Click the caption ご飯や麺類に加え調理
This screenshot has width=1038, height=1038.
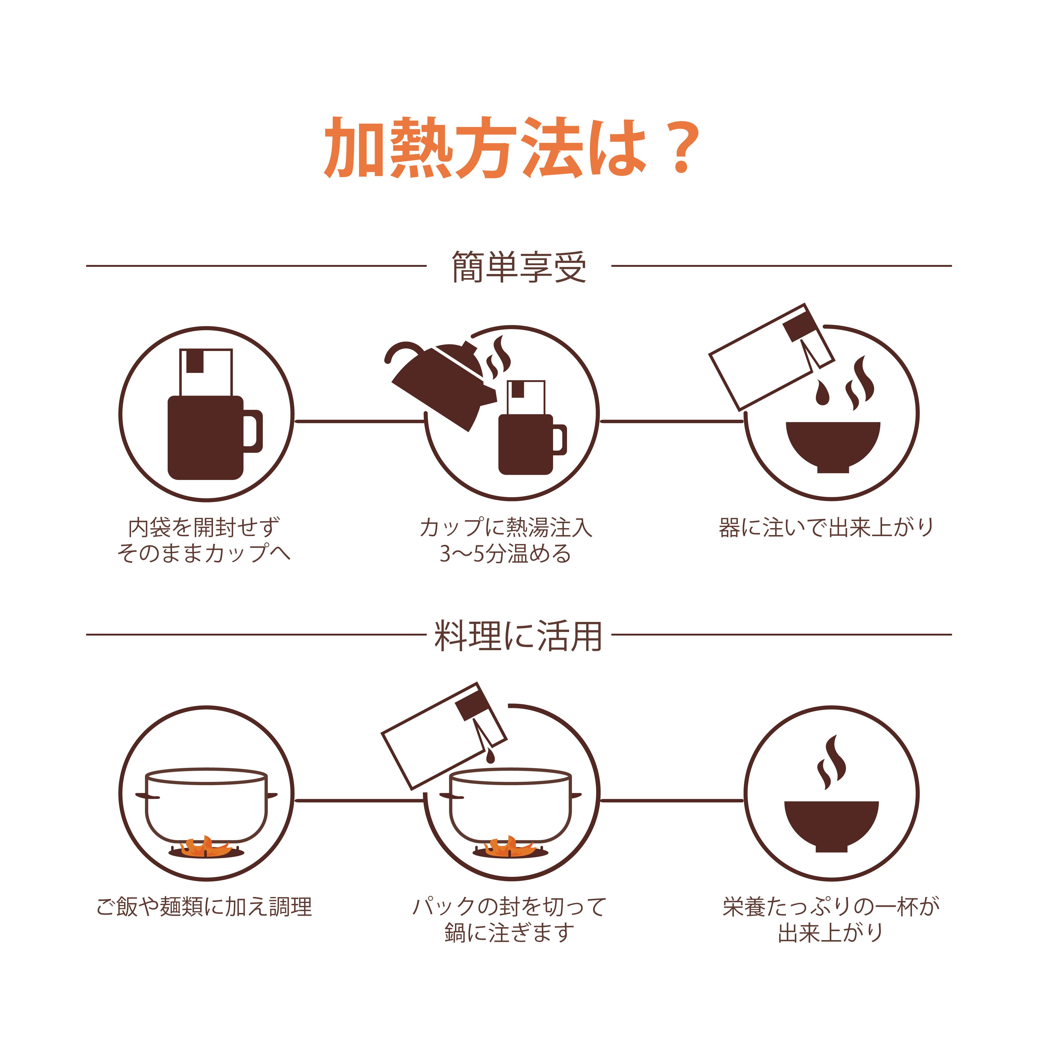point(204,906)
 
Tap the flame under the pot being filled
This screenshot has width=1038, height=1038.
point(510,847)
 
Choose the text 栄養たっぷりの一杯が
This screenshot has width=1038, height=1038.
point(830,906)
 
